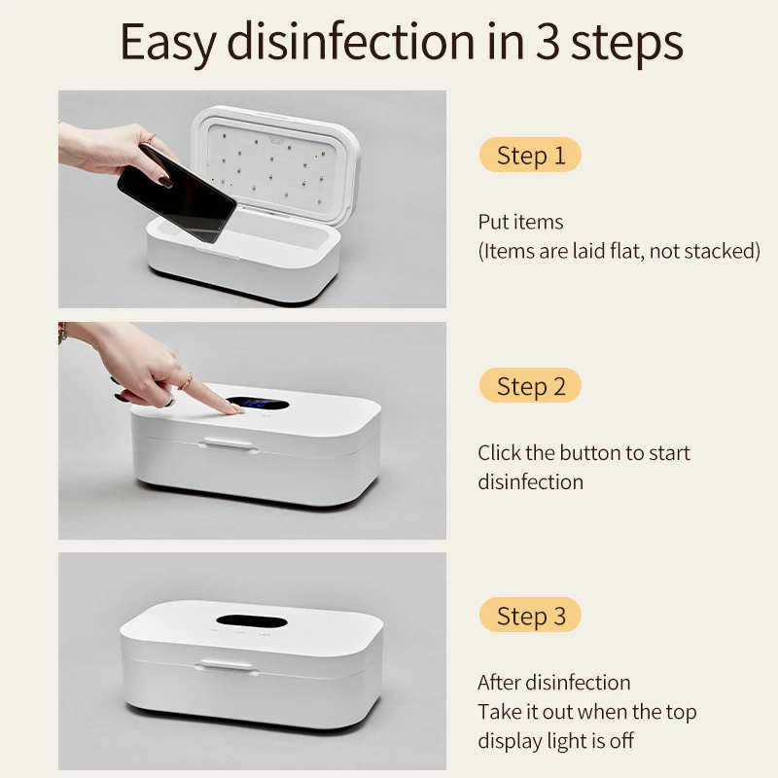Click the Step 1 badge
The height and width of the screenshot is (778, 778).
[530, 156]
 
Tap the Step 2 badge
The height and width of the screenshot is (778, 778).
[530, 386]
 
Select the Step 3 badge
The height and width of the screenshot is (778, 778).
[530, 616]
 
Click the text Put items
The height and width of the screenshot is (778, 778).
[520, 222]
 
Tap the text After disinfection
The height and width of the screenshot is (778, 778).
[553, 683]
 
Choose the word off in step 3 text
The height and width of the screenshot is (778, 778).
[621, 740]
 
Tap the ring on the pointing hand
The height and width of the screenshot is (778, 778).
[186, 380]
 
